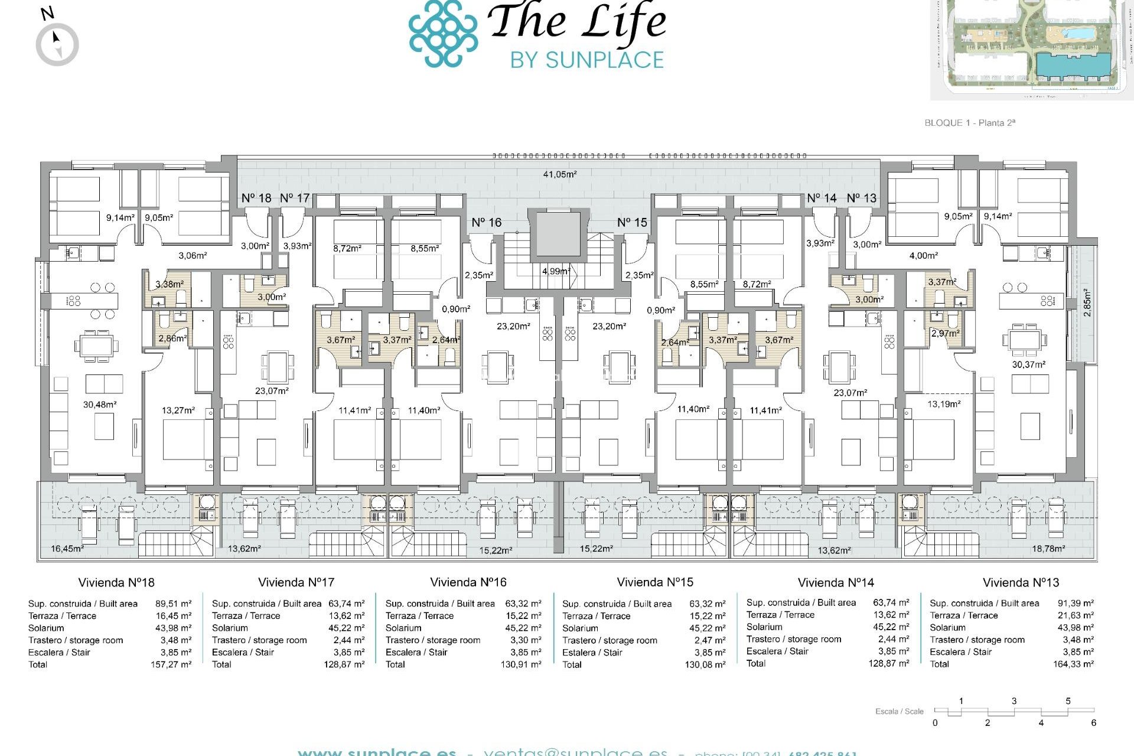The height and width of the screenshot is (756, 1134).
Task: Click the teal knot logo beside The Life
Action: (x=443, y=34)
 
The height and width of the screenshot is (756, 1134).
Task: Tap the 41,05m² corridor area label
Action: (x=560, y=174)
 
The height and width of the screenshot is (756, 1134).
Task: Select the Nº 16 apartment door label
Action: (x=486, y=223)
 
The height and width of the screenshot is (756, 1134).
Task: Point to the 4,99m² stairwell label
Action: (x=556, y=271)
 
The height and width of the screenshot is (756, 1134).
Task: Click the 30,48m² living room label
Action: (x=100, y=405)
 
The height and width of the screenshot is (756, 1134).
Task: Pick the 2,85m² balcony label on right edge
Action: (x=1087, y=302)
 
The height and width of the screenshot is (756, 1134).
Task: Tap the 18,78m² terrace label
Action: (x=1048, y=549)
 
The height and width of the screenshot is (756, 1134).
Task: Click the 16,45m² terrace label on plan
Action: (x=67, y=549)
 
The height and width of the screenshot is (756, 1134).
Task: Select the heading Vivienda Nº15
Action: (x=655, y=582)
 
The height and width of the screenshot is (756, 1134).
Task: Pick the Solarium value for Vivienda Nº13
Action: (x=1076, y=628)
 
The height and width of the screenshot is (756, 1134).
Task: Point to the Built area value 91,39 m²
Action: (x=1076, y=603)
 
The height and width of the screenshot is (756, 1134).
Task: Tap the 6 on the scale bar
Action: (x=1093, y=723)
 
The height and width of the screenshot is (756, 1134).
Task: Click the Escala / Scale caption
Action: (x=899, y=711)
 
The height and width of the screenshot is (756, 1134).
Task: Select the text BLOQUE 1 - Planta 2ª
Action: (x=970, y=123)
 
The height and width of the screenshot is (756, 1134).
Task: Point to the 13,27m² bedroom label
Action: (x=178, y=410)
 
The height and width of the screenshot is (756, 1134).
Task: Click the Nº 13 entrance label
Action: (x=862, y=198)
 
